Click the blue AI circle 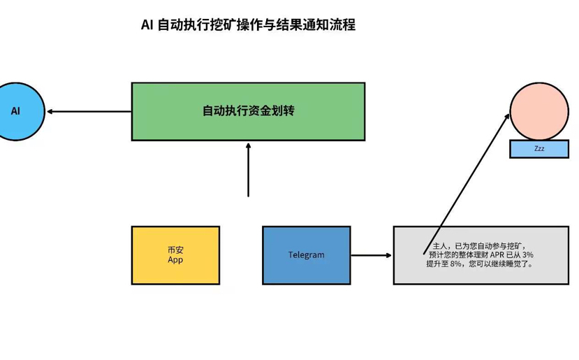[17, 111]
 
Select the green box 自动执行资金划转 [248, 112]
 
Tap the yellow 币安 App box [175, 255]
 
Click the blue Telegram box [306, 255]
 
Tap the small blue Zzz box [538, 149]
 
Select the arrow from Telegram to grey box [371, 255]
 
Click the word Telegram [306, 255]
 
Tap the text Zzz [538, 149]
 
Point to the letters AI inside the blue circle [16, 111]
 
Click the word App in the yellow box [175, 260]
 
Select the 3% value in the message [527, 255]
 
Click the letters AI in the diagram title [147, 25]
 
